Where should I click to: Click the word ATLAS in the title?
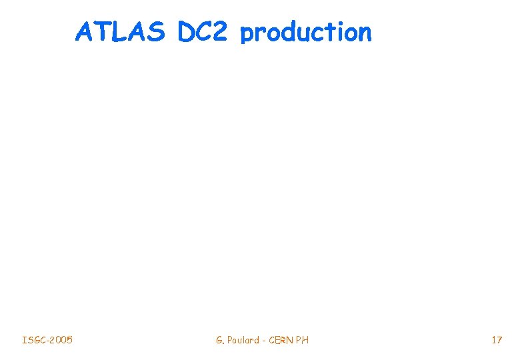(120, 31)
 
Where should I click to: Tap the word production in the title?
(305, 33)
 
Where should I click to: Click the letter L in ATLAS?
(121, 31)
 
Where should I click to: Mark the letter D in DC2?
(187, 31)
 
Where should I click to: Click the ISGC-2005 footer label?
(47, 341)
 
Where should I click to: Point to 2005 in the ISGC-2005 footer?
(62, 341)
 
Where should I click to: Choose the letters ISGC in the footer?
(33, 341)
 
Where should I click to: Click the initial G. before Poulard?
(220, 341)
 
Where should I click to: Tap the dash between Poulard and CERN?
(265, 341)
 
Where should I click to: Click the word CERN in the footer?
(282, 341)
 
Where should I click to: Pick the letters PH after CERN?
(303, 341)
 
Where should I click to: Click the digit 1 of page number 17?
(493, 341)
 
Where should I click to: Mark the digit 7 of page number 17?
(499, 341)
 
